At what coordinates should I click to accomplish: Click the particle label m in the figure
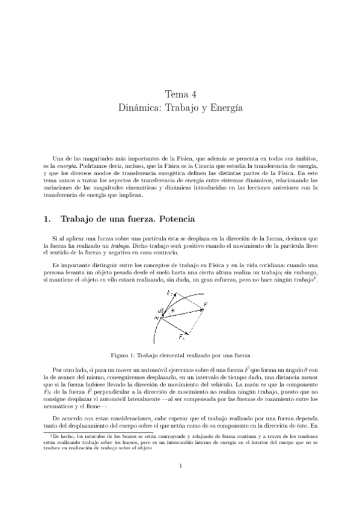click(x=155, y=318)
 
